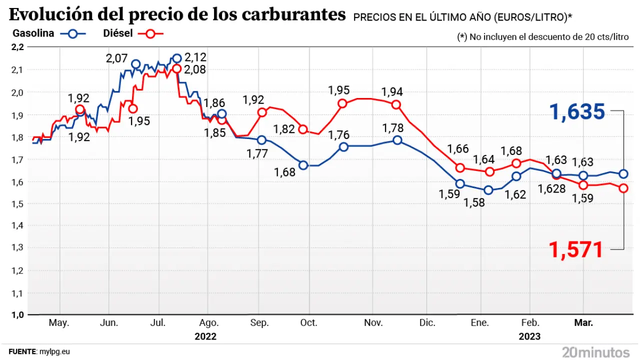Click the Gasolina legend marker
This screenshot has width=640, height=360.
(73, 34)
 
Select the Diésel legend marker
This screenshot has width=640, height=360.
(152, 34)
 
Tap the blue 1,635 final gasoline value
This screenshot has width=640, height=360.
(577, 111)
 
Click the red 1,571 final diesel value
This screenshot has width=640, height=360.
(576, 249)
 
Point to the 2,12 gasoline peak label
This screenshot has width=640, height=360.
(195, 56)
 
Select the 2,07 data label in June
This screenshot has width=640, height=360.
(116, 58)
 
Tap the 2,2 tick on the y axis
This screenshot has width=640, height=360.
(17, 47)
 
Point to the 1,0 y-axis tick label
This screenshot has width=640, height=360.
(17, 314)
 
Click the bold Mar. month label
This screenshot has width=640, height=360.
(583, 323)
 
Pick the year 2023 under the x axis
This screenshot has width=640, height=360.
(529, 336)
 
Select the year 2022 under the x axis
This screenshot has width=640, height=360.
(205, 336)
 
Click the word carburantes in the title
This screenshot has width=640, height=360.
(293, 15)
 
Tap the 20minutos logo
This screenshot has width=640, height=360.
(595, 351)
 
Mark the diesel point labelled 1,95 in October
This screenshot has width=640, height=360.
(342, 104)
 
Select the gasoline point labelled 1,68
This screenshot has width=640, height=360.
(303, 165)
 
